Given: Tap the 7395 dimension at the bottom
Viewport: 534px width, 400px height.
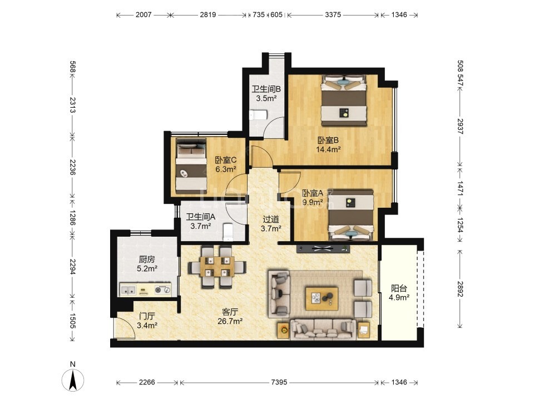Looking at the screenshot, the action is [279, 382].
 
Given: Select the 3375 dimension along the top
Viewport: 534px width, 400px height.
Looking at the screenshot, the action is [333, 14].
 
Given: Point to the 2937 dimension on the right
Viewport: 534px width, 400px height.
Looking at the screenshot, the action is [461, 126].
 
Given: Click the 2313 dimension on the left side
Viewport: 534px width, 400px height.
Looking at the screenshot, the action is [72, 105].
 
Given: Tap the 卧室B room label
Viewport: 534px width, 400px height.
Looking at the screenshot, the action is [328, 140].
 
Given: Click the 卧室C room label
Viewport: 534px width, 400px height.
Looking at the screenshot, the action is [225, 160].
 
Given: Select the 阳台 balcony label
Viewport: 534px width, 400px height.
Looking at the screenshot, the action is [399, 288].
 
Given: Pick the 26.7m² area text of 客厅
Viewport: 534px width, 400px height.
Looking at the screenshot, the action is [230, 321].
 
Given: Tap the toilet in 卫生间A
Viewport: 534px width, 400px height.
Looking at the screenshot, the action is [228, 232].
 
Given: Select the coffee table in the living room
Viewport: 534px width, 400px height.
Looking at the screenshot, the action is [322, 299].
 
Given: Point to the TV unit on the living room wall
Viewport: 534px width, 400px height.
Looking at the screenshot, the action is [323, 249].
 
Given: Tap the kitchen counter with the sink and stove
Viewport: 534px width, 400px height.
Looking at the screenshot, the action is [145, 290].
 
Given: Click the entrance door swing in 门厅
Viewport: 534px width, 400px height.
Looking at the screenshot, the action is [125, 328].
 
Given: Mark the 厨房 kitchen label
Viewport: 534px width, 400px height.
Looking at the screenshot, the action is [147, 260].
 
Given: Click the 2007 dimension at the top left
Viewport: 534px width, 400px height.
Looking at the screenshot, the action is [144, 14].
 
